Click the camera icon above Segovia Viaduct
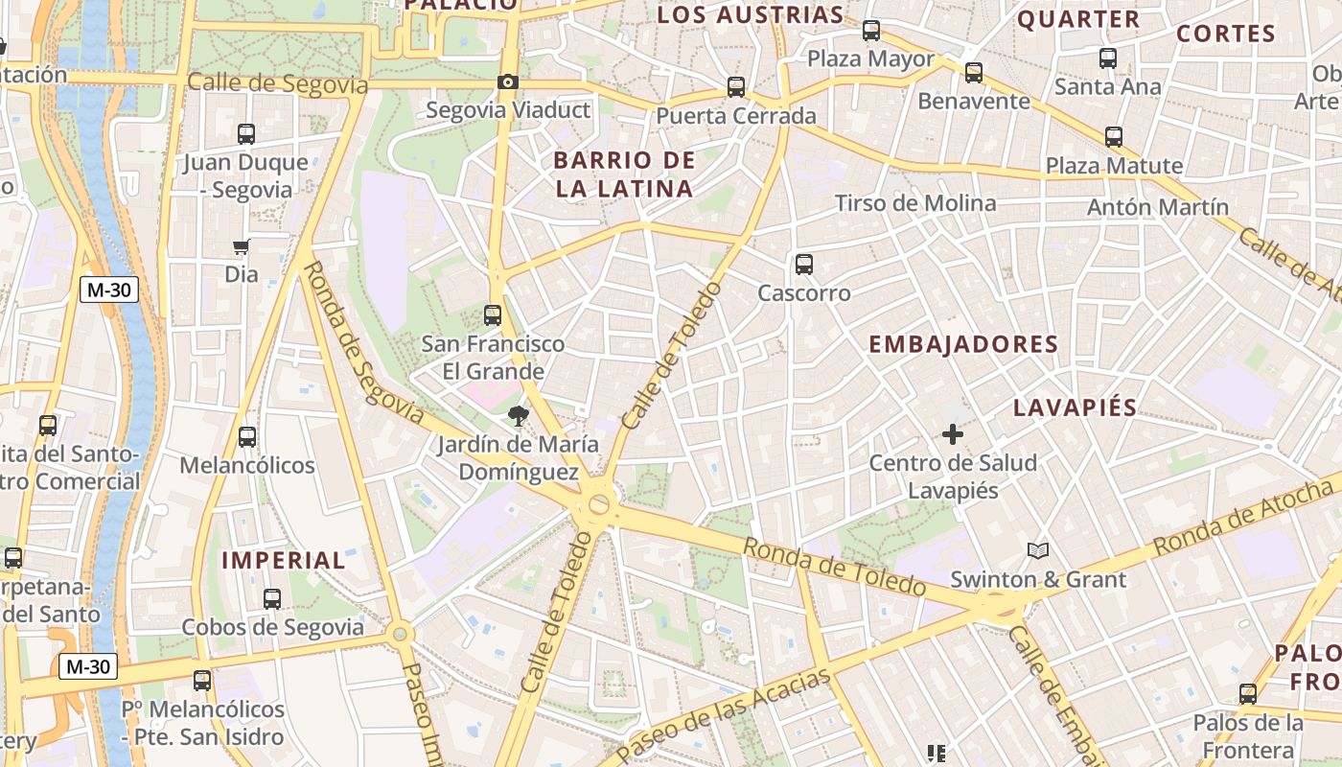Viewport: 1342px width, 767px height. [x=508, y=82]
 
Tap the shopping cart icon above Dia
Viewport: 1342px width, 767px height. [x=242, y=247]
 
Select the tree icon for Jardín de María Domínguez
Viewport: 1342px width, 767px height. [x=519, y=416]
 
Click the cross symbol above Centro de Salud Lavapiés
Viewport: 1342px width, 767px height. [x=953, y=434]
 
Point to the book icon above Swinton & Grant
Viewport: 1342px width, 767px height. [x=1038, y=550]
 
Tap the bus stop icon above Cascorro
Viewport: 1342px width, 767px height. [x=804, y=265]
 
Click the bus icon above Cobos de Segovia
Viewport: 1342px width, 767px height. [x=272, y=599]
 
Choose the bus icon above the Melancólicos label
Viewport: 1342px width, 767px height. [x=247, y=437]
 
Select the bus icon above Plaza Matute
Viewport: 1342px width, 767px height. [x=1114, y=137]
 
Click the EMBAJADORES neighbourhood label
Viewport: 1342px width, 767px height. [x=963, y=345]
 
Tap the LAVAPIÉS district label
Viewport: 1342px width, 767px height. [x=1076, y=407]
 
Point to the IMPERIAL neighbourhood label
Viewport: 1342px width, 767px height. [x=284, y=561]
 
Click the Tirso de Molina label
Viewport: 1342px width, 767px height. [x=915, y=203]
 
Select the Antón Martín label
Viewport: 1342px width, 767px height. [x=1158, y=207]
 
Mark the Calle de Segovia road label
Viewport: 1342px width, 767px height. [x=278, y=84]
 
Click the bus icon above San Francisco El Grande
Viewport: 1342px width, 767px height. [x=493, y=314]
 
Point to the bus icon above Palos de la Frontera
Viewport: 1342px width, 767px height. [x=1248, y=694]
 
